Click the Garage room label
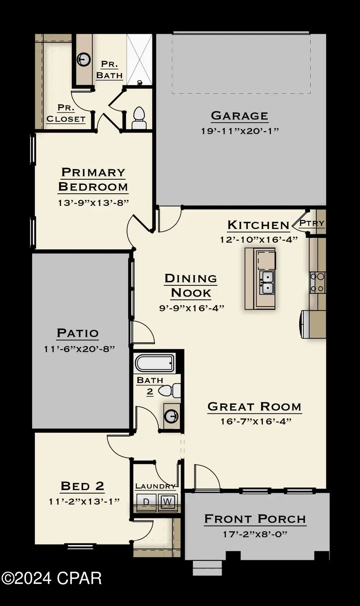[x=239, y=116]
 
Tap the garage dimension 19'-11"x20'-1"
[x=240, y=131]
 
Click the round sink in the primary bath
[x=84, y=60]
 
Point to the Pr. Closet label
[x=66, y=114]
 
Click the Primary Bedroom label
[x=93, y=179]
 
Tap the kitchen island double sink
[x=266, y=282]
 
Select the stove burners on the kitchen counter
[x=318, y=282]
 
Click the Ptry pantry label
[x=312, y=223]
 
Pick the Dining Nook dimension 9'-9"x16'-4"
[x=191, y=308]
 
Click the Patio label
[x=78, y=333]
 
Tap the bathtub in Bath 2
[x=155, y=363]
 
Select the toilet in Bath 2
[x=171, y=390]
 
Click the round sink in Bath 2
[x=171, y=416]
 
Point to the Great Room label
[x=254, y=407]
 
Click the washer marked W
[x=167, y=502]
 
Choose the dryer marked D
[x=146, y=502]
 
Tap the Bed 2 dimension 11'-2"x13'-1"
[x=84, y=501]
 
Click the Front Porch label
[x=255, y=519]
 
